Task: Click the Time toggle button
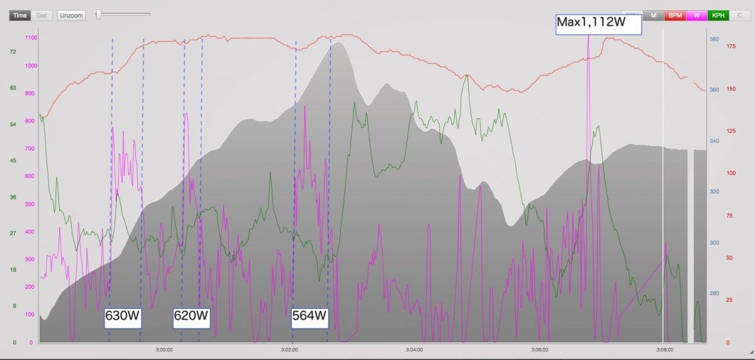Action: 20,15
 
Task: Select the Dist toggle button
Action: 42,15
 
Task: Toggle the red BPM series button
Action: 675,15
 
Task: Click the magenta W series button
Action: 696,15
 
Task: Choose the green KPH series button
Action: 718,15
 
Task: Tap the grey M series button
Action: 654,15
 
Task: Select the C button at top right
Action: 740,15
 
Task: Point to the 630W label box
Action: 123,316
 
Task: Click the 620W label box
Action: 191,316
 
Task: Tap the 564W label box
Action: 310,316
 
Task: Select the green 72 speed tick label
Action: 13,52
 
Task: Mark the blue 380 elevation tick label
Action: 714,39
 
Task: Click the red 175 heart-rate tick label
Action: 731,46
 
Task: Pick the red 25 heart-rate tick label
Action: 729,300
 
